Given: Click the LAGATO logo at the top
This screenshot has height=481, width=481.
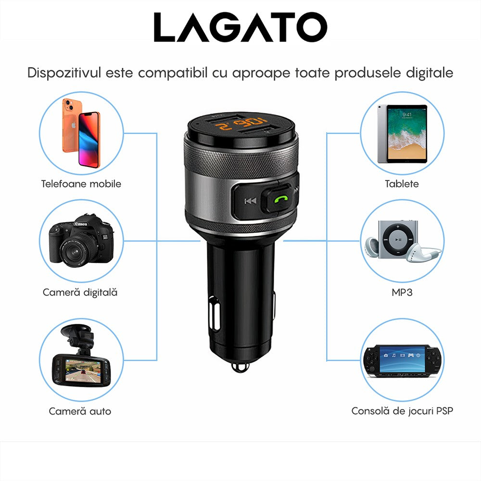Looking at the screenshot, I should tap(240, 27).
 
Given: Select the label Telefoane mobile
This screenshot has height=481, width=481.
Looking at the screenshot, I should tap(81, 184).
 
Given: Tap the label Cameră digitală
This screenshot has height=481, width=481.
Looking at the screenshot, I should tap(80, 292).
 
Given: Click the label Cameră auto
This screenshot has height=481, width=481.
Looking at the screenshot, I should tap(80, 411).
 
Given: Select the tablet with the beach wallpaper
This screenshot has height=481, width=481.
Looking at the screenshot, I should tap(402, 134).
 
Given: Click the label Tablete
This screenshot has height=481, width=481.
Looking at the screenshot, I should tap(402, 184).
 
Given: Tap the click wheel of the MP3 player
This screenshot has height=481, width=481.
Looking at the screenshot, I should tap(397, 239).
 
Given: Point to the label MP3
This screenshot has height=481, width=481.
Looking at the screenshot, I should tap(402, 292).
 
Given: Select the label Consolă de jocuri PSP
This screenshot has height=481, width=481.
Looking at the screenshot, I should tap(402, 411).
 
